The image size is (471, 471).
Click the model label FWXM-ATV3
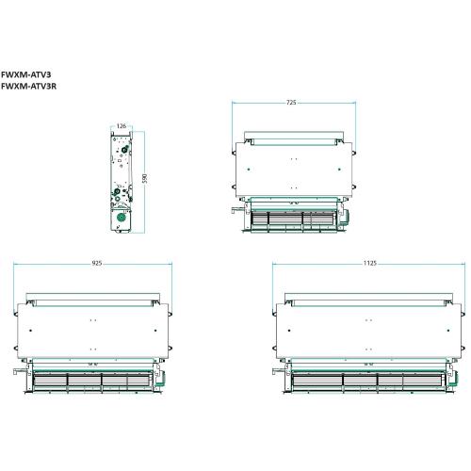click(25, 74)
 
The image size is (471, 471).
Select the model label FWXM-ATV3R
click(28, 86)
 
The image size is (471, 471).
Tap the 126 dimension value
click(122, 126)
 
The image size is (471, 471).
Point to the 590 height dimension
click(144, 179)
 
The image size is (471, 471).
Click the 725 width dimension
click(291, 103)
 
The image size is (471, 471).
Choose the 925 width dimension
click(97, 263)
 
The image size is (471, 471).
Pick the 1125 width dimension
click(370, 263)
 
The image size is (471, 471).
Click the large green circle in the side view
click(121, 217)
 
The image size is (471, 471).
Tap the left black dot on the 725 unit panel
click(249, 170)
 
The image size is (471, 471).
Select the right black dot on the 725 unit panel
click(339, 170)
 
